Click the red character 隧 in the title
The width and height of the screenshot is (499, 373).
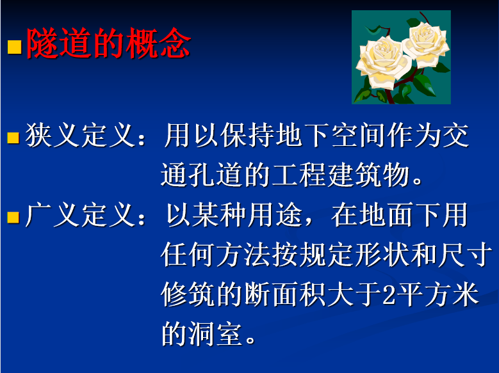[x=42, y=44]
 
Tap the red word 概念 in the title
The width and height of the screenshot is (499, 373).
[x=158, y=44]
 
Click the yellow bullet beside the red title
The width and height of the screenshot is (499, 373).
[x=14, y=47]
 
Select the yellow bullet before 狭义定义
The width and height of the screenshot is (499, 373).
[x=13, y=138]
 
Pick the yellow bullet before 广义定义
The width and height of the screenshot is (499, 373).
[x=13, y=218]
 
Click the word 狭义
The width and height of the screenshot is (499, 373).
[x=53, y=136]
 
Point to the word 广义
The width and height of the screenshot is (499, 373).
[x=53, y=215]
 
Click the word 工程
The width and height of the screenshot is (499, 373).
[x=299, y=175]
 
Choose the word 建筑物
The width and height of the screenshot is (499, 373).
[x=368, y=175]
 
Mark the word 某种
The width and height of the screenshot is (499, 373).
[x=219, y=215]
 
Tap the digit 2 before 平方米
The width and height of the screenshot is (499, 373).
[x=389, y=295]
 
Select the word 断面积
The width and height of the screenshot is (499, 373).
[x=286, y=295]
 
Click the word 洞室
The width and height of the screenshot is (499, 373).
[x=216, y=335]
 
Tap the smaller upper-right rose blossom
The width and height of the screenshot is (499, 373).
[x=426, y=43]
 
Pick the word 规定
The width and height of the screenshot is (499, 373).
[x=327, y=255]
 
